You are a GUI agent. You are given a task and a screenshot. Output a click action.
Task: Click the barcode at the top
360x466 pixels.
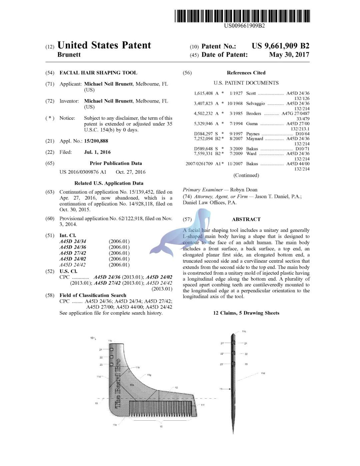[242, 16]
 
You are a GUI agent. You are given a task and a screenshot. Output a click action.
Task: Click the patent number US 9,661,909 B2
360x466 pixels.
[280, 46]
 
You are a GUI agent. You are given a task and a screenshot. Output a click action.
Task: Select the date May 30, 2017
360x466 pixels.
[289, 55]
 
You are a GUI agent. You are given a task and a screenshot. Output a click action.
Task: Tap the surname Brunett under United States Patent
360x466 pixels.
[69, 55]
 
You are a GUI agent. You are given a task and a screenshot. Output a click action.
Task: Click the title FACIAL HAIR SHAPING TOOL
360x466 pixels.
[98, 73]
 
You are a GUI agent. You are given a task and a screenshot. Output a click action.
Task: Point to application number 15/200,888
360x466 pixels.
[96, 141]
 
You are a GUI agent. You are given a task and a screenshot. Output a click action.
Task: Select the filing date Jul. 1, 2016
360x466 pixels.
[97, 152]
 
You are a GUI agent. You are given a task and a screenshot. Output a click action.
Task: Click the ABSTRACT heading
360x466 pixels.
[246, 219]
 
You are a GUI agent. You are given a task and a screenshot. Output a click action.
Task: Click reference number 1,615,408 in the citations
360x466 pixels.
[203, 93]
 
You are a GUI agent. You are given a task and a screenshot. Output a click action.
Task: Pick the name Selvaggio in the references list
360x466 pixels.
[255, 103]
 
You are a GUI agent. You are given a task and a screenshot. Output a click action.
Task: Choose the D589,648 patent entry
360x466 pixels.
[203, 149]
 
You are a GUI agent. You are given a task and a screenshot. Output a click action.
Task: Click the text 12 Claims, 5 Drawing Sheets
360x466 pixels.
[246, 313]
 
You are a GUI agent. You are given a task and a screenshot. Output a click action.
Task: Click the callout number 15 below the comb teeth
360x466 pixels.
[161, 427]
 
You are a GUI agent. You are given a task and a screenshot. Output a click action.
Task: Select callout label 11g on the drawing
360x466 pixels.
[149, 375]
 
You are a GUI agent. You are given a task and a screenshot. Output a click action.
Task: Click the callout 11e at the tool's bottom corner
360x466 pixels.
[115, 425]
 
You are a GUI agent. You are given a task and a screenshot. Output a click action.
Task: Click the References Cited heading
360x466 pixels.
[246, 73]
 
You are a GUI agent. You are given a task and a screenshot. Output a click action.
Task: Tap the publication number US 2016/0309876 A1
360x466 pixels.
[83, 172]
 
